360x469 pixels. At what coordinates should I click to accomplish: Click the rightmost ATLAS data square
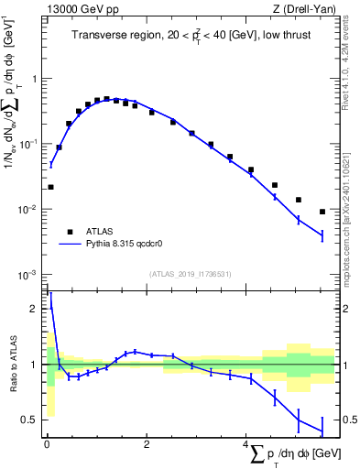(x=322, y=212)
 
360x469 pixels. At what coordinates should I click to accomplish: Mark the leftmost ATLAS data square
(x=50, y=187)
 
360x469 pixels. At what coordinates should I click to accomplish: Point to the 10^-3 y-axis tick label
(x=29, y=275)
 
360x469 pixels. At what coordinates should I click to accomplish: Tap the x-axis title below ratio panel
(x=285, y=454)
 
